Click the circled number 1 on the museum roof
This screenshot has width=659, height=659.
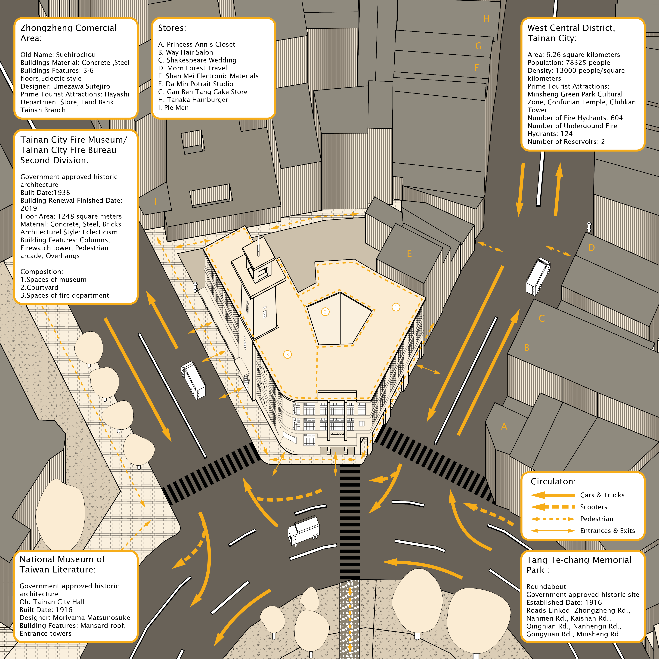(x=396, y=307)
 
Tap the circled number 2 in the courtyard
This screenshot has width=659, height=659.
(x=325, y=311)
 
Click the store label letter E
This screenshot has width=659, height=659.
(x=409, y=254)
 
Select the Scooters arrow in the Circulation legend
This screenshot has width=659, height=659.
(x=553, y=507)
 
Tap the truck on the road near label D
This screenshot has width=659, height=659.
(x=538, y=276)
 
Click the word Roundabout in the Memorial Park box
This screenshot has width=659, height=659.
(x=546, y=587)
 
